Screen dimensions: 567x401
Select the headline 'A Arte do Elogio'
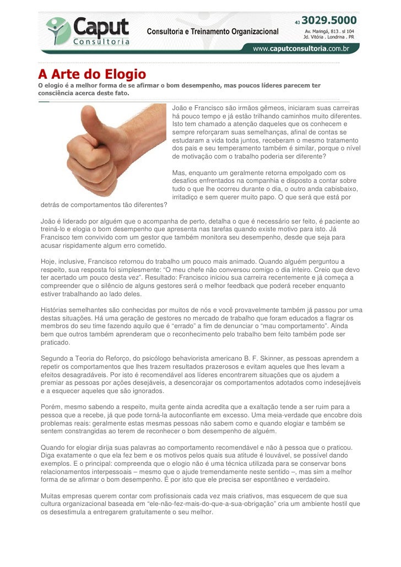[91, 73]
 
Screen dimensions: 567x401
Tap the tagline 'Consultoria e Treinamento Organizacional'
[212, 31]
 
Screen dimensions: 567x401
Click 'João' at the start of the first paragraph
[181, 108]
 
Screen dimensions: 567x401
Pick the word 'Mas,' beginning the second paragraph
[180, 173]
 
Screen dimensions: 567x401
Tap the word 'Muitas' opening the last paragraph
[52, 495]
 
